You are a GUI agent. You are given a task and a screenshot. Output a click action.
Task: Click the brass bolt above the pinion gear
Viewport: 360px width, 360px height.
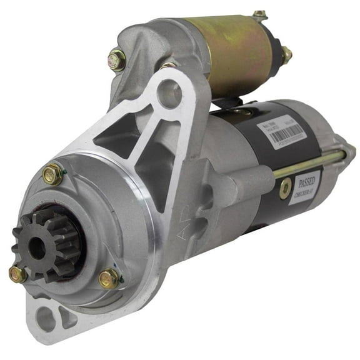pos(52,174)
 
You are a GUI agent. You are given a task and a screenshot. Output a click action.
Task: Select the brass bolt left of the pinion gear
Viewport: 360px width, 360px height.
pos(17,274)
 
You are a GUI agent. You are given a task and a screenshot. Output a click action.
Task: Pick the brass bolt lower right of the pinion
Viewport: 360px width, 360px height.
pos(108,277)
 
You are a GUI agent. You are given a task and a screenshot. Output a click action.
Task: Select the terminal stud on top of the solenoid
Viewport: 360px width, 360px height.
pos(260,14)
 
